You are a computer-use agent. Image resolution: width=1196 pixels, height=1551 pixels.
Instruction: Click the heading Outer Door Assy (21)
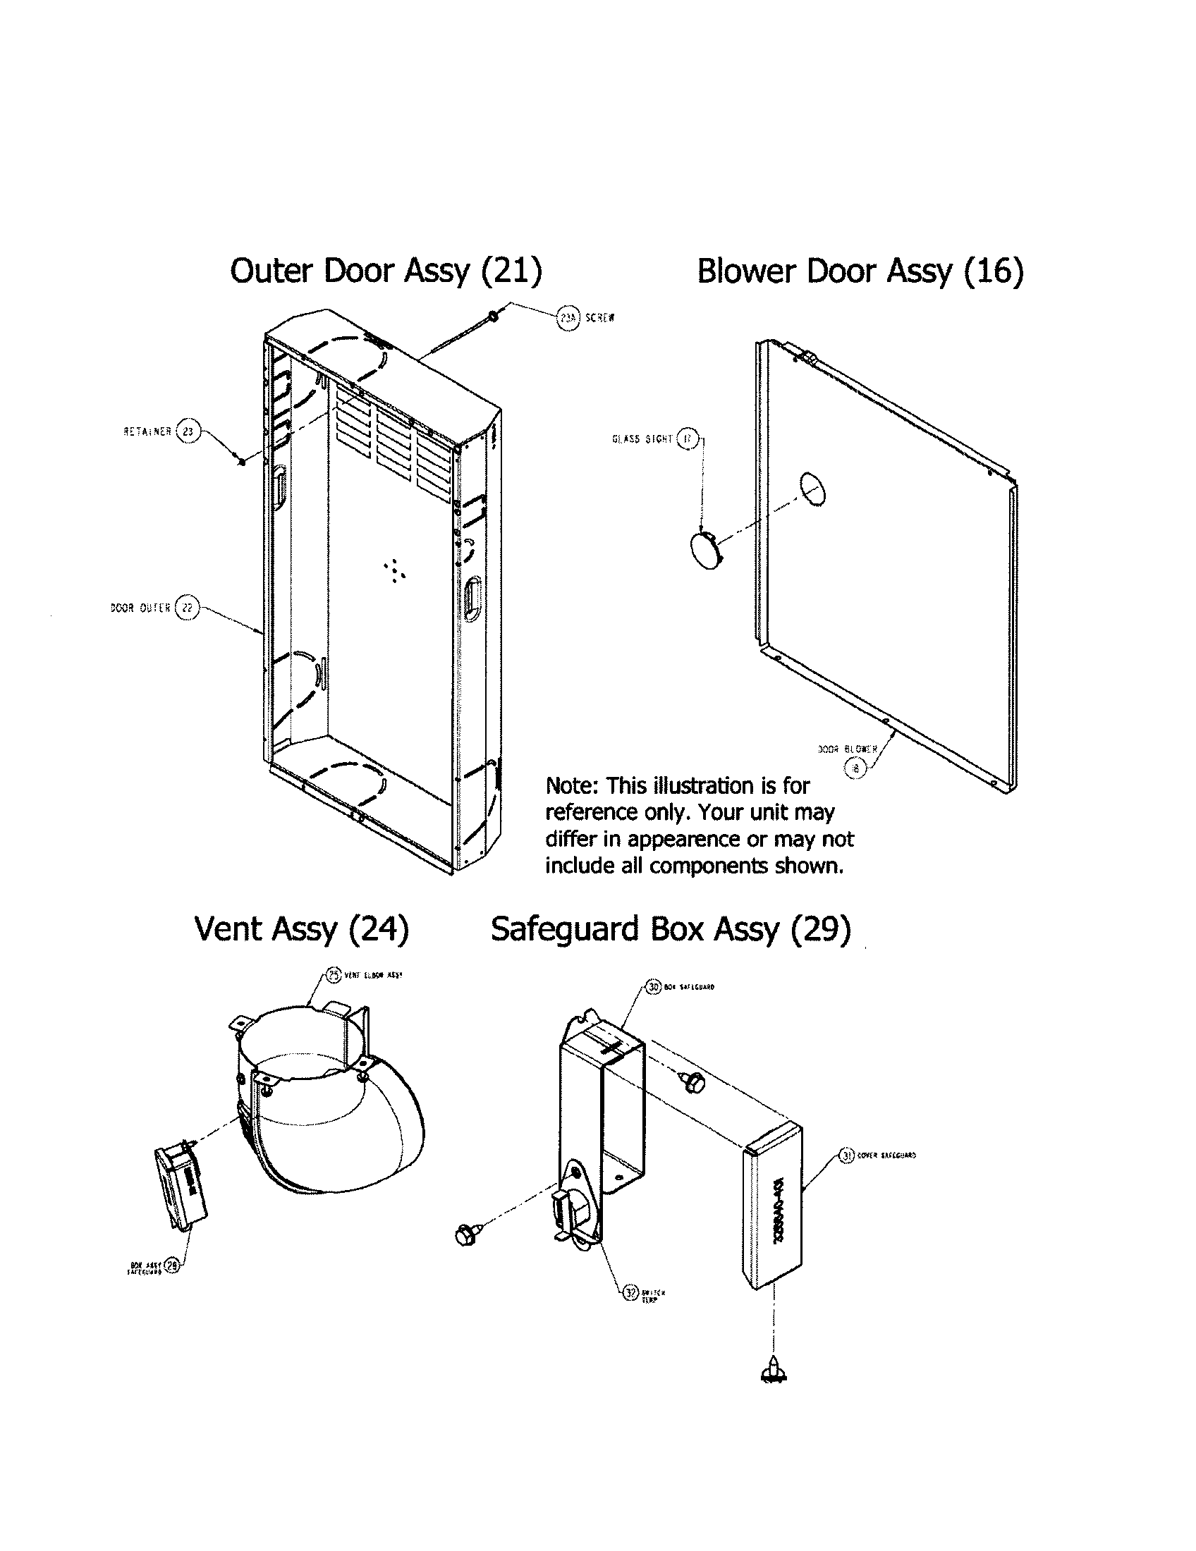pos(386,271)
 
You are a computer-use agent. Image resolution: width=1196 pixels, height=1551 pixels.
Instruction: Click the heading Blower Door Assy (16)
pos(860,271)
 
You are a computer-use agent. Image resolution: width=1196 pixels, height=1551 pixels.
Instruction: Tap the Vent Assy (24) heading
pos(301,928)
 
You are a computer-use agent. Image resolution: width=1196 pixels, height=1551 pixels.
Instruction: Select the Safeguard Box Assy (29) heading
pos(671,928)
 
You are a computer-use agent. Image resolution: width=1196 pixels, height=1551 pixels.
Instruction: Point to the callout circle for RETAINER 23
pos(188,431)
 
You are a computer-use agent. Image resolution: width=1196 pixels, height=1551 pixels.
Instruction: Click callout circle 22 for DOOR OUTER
pos(187,607)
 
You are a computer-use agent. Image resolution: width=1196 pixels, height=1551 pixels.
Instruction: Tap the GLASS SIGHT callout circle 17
pos(687,439)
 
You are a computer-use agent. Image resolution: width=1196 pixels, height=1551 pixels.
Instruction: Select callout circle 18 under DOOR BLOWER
pos(855,767)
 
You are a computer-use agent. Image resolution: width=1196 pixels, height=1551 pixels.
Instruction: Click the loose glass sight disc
pos(705,551)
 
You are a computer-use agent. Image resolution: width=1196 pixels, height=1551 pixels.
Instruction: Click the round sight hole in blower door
pos(812,489)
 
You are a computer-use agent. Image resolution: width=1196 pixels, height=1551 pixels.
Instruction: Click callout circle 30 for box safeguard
pos(654,986)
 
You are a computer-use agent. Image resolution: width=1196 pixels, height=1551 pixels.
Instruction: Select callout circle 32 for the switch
pos(630,1292)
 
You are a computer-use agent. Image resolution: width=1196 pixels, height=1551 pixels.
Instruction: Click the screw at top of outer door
pos(492,316)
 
